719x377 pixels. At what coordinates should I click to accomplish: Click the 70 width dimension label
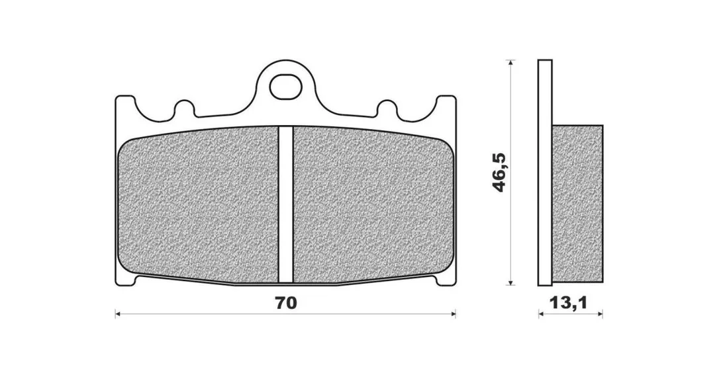pos(285,303)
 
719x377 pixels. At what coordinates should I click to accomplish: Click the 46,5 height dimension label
pos(499,172)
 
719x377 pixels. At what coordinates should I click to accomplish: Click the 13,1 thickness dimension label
pos(569,302)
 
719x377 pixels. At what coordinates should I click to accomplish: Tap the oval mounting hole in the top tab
pos(284,86)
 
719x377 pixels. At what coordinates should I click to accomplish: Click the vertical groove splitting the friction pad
pos(285,204)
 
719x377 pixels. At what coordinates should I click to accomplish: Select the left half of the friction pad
pos(198,206)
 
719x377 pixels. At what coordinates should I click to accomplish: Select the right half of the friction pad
pos(373,206)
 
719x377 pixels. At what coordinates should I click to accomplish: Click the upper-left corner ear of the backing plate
pos(124,104)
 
